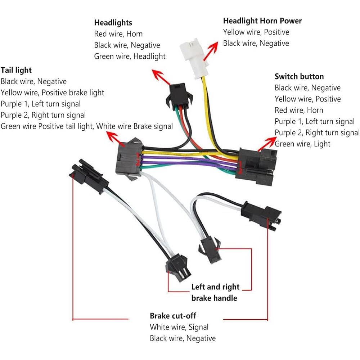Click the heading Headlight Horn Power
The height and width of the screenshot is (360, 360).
click(262, 21)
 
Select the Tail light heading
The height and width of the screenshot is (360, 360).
click(16, 70)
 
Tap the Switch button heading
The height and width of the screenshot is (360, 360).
click(299, 76)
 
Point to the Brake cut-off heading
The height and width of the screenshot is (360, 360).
click(173, 316)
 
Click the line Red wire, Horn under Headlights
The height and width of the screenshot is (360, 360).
click(118, 34)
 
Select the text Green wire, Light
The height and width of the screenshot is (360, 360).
click(302, 144)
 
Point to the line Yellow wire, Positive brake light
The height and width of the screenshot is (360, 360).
click(52, 93)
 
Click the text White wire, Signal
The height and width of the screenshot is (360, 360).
click(179, 327)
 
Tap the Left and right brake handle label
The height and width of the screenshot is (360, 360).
click(215, 292)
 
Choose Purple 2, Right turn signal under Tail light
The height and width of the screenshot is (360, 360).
click(43, 115)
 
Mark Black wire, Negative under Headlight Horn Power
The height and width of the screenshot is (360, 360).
click(256, 43)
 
